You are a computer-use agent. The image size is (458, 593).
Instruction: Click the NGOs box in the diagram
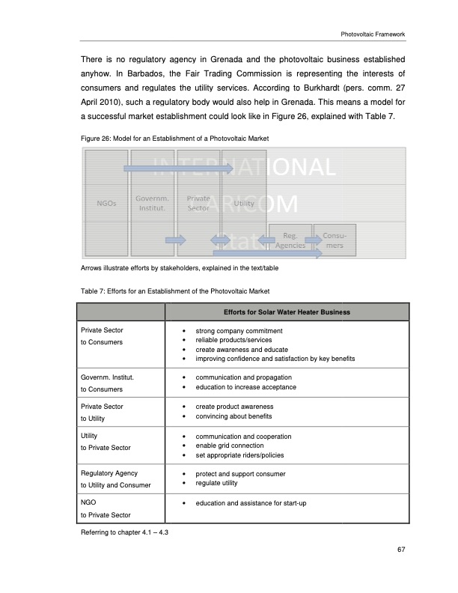pyautogui.click(x=106, y=203)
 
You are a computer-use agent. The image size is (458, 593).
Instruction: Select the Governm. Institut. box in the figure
pyautogui.click(x=153, y=203)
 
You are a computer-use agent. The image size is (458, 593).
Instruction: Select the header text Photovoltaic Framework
pyautogui.click(x=372, y=34)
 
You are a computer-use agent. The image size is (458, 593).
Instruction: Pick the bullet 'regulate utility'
pyautogui.click(x=221, y=483)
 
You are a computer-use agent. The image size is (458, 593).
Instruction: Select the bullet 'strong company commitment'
pyautogui.click(x=239, y=330)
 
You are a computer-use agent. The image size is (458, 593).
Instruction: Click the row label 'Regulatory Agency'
pyautogui.click(x=109, y=474)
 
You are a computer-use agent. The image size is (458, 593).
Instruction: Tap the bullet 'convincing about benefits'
pyautogui.click(x=233, y=416)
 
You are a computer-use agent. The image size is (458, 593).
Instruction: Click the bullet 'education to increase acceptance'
pyautogui.click(x=245, y=387)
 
